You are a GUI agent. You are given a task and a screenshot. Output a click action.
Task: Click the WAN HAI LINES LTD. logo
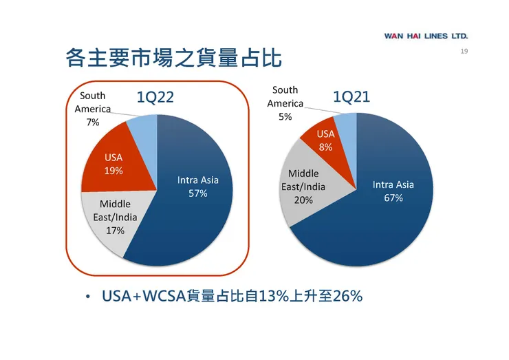pos(426,36)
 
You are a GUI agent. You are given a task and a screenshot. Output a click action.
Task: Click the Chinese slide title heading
pos(173,59)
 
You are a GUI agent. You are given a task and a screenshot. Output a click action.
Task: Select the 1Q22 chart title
pos(155,98)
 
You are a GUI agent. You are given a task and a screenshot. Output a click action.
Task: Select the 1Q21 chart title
pos(351,97)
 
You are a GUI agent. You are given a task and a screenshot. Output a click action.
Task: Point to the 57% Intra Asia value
pos(198,193)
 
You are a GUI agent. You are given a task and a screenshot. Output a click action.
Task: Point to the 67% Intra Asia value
pos(393,198)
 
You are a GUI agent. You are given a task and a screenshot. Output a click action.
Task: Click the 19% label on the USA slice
pos(113,171)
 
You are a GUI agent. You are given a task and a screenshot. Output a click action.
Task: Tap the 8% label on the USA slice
pos(326,147)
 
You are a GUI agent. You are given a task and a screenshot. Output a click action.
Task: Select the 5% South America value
pos(285,116)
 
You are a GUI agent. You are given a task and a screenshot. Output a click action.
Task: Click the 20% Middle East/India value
pos(303,200)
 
